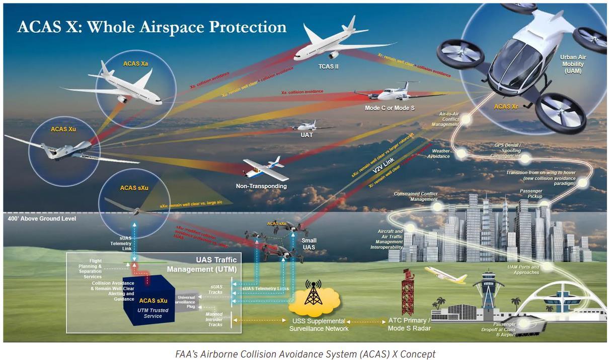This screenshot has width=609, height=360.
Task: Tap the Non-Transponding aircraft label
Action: (261, 186)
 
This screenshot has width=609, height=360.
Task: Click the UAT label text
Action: (307, 135)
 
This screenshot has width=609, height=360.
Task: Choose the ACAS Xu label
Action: (63, 129)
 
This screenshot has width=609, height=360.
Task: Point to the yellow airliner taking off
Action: (445, 275)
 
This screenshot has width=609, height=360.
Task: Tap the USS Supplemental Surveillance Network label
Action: (318, 325)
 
